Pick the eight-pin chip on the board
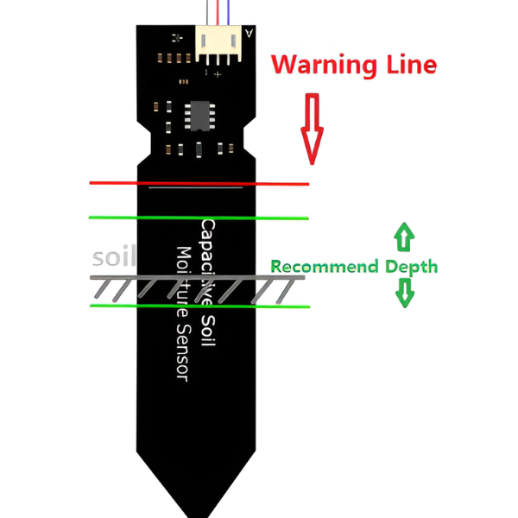[199, 114]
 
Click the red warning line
[199, 183]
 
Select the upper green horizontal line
[199, 218]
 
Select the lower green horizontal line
[199, 306]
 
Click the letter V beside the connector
[249, 35]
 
